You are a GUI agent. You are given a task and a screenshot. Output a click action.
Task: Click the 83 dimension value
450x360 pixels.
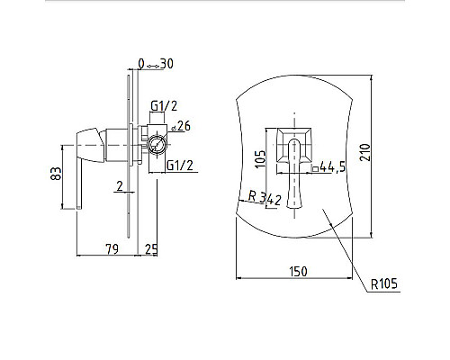56,174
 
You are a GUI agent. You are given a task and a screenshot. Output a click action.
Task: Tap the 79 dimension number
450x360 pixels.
112,248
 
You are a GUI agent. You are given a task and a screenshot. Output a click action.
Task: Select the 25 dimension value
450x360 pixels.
151,249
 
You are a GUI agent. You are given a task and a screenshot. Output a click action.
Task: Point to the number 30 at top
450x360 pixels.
166,64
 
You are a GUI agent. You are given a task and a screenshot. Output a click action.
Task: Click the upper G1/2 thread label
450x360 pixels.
164,105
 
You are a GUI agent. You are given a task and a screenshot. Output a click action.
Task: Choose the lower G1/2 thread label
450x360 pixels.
180,166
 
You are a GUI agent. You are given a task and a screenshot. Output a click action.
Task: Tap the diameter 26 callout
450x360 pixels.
181,126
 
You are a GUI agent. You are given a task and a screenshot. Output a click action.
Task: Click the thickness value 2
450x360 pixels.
120,186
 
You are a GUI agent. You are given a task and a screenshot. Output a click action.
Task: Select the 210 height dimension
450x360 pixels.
365,153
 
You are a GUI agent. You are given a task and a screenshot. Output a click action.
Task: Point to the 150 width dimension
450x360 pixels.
298,272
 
